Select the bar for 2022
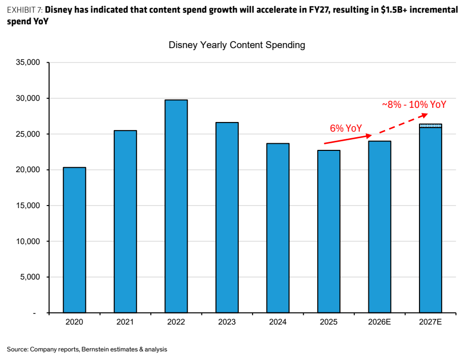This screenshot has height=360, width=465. pyautogui.click(x=176, y=206)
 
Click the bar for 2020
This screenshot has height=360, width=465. pyautogui.click(x=74, y=240)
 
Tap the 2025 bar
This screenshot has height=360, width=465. pyautogui.click(x=329, y=231)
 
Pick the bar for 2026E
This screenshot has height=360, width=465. pyautogui.click(x=379, y=227)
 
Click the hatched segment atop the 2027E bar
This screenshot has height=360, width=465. pyautogui.click(x=431, y=126)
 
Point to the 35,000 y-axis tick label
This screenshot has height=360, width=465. pyautogui.click(x=28, y=62)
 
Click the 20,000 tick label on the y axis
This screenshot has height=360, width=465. pyautogui.click(x=28, y=170)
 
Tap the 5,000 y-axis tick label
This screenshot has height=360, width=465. pyautogui.click(x=30, y=277)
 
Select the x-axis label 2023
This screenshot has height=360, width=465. pyautogui.click(x=227, y=322)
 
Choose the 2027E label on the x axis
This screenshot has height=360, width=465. pyautogui.click(x=430, y=322)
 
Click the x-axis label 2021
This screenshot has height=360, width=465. pyautogui.click(x=125, y=322)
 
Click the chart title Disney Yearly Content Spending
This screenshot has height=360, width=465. pyautogui.click(x=237, y=45)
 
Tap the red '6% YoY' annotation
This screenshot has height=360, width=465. pyautogui.click(x=346, y=128)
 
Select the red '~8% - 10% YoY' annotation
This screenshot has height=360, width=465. pyautogui.click(x=414, y=104)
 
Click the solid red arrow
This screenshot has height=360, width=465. pyautogui.click(x=348, y=140)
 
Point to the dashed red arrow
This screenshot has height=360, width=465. pyautogui.click(x=404, y=123)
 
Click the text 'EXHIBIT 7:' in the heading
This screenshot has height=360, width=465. pyautogui.click(x=25, y=10)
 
